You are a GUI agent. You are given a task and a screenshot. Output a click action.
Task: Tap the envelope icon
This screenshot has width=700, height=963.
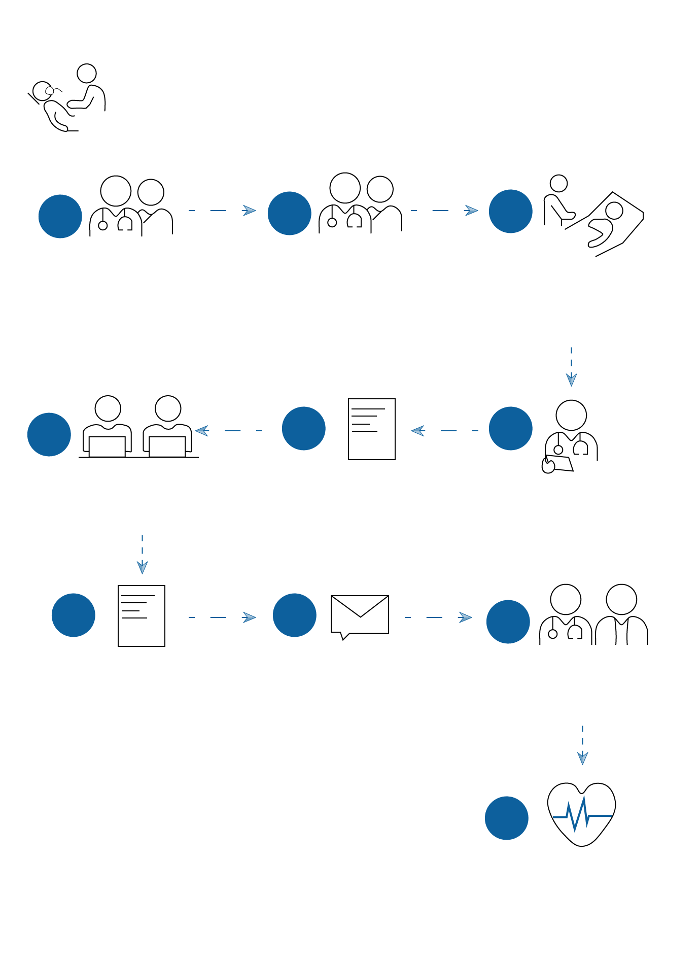tap(360, 615)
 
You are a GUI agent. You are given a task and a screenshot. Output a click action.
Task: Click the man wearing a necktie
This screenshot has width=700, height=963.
tap(621, 616)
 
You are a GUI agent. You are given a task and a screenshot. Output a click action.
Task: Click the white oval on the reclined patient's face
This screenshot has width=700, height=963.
tap(49, 91)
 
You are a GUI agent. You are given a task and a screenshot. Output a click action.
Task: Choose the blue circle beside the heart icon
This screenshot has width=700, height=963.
tap(506, 818)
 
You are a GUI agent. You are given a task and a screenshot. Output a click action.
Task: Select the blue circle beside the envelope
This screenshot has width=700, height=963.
tap(294, 615)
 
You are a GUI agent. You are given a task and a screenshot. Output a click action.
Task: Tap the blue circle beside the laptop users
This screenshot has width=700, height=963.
tap(49, 434)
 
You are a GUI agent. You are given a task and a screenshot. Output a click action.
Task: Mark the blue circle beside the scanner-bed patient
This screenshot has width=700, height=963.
tap(510, 211)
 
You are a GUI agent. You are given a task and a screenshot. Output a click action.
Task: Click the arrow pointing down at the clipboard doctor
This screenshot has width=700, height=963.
tap(571, 366)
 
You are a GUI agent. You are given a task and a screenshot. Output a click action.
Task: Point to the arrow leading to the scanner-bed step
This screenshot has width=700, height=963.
tap(444, 210)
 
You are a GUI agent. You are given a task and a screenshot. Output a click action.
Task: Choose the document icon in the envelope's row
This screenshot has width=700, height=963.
tap(142, 615)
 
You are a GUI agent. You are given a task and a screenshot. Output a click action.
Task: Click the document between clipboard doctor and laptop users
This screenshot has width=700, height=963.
tap(372, 429)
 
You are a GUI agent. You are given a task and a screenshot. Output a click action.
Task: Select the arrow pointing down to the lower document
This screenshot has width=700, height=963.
tap(142, 554)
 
